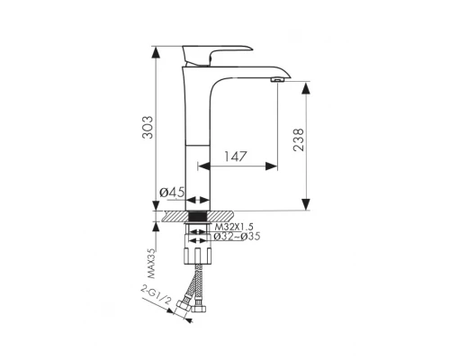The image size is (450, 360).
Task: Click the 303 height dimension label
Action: point(148,127)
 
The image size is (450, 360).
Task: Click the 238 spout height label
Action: point(299,139)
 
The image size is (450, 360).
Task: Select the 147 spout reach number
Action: point(235,157)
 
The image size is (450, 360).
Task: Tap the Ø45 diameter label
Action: point(172,192)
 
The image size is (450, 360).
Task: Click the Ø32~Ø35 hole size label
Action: point(237,237)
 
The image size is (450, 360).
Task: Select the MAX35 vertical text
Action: point(152,264)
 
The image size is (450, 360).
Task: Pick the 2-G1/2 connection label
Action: point(156,295)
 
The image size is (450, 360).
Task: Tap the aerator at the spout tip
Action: point(277,79)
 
